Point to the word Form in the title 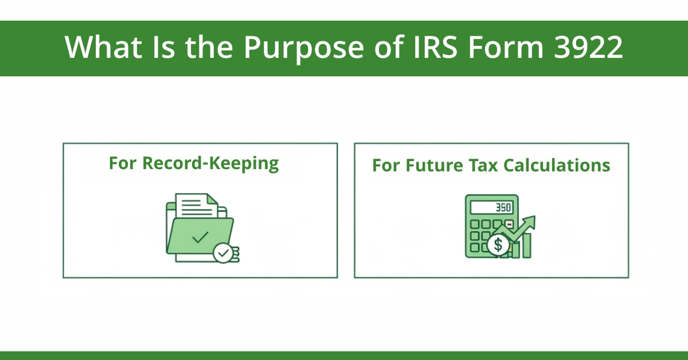(x=505, y=48)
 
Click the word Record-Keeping (x=210, y=163)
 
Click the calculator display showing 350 (x=492, y=207)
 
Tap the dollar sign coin (x=498, y=245)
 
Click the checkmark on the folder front (x=200, y=237)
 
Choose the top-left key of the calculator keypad (x=473, y=224)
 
